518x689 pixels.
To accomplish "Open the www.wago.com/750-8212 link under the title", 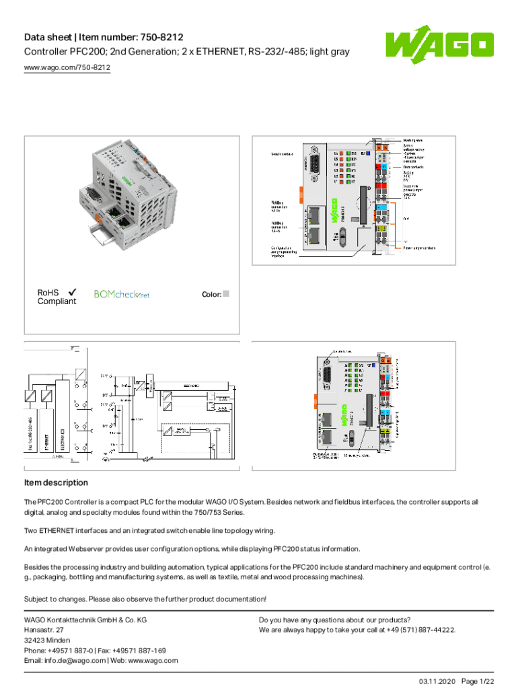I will click(x=67, y=68).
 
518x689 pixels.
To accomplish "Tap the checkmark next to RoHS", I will click(x=72, y=292).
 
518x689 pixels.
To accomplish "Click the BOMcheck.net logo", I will click(x=122, y=294).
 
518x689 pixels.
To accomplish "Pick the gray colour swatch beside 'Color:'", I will click(x=226, y=294).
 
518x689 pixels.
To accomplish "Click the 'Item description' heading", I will click(x=56, y=482).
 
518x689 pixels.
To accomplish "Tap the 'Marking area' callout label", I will click(x=413, y=140).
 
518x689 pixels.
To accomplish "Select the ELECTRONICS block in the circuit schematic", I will click(x=63, y=434).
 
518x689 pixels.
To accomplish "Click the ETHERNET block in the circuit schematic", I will click(x=47, y=434).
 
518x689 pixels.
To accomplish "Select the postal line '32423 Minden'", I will click(x=46, y=641).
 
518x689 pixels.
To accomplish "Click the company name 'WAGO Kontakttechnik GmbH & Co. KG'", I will click(x=85, y=620).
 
